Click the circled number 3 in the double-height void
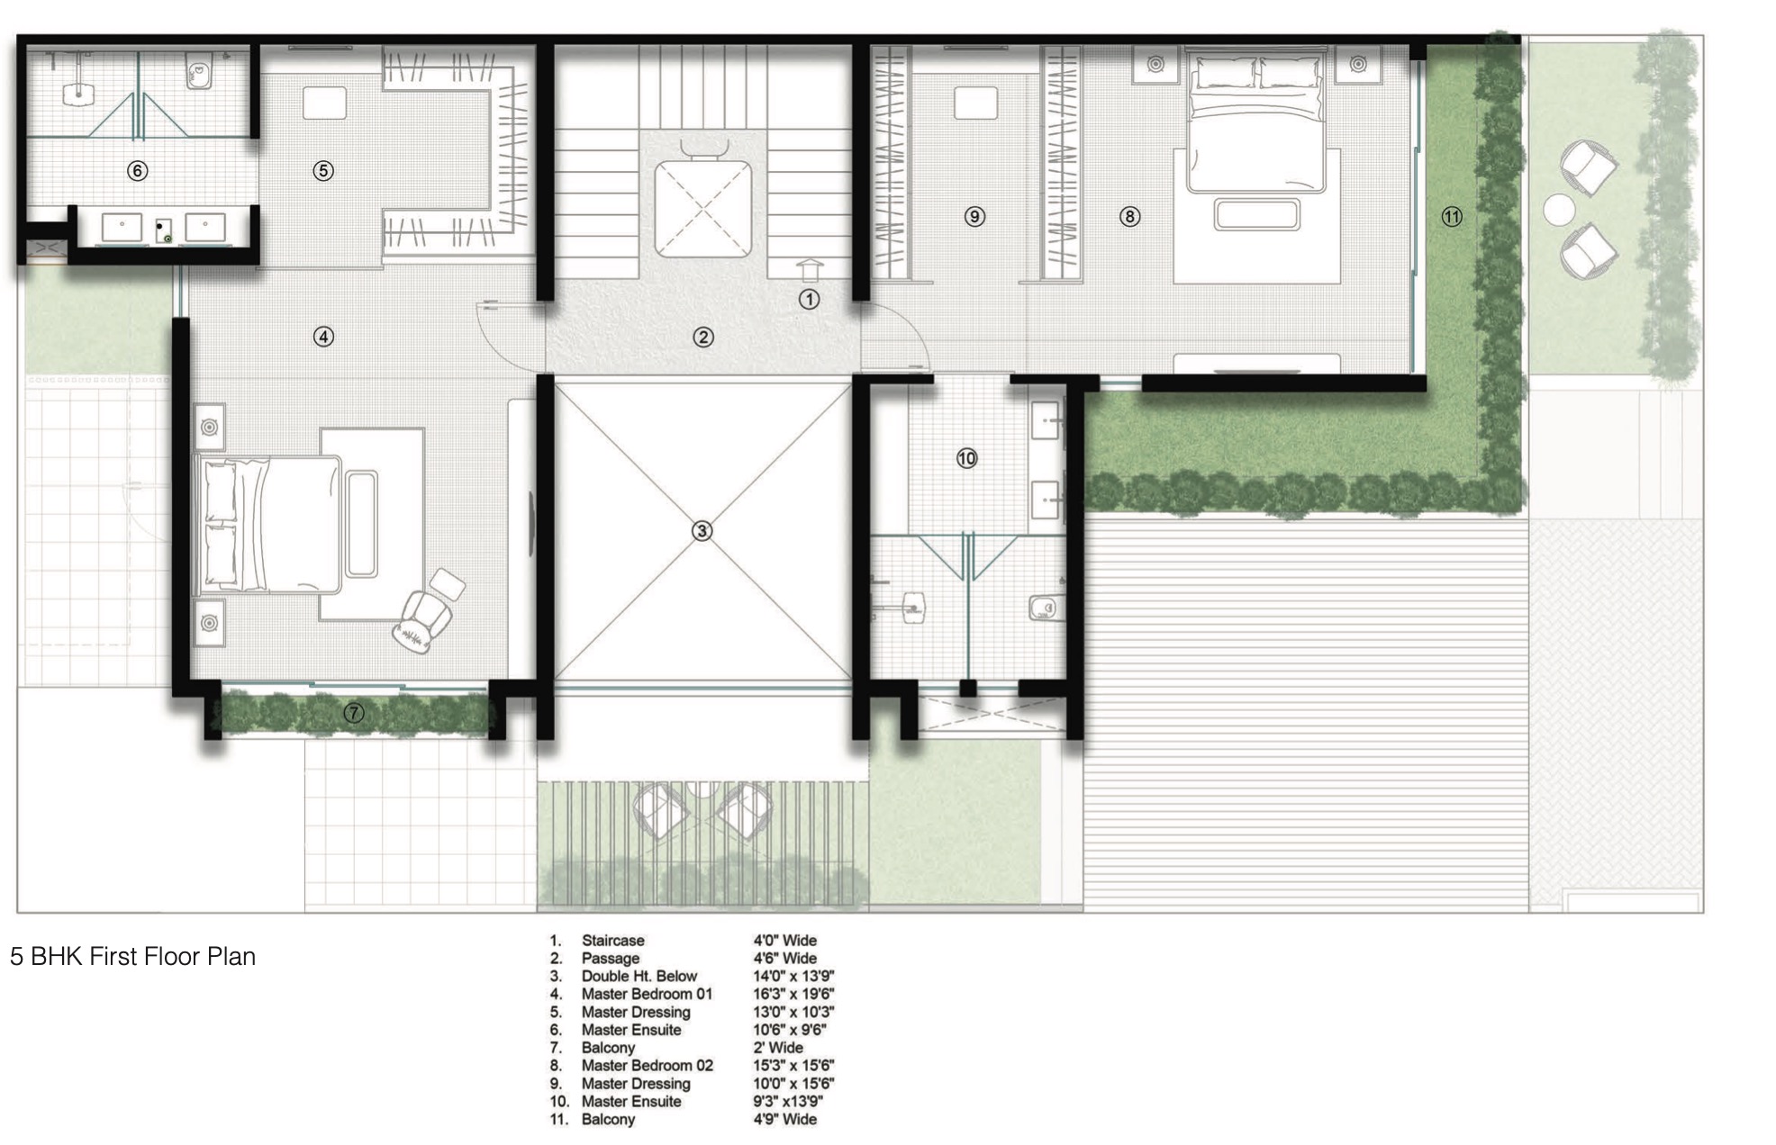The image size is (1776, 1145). pyautogui.click(x=702, y=531)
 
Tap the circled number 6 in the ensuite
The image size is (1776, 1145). pyautogui.click(x=137, y=171)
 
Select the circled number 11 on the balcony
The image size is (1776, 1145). pyautogui.click(x=1452, y=217)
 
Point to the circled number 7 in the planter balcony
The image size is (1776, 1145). pyautogui.click(x=354, y=713)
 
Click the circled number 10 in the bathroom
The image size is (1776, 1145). pyautogui.click(x=966, y=459)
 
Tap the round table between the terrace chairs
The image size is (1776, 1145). pyautogui.click(x=1559, y=210)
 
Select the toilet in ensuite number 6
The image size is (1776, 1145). pyautogui.click(x=198, y=70)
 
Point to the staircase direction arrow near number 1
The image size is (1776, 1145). pyautogui.click(x=809, y=270)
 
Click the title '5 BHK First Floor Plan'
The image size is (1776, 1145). pyautogui.click(x=132, y=956)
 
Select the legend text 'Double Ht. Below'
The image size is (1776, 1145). pyautogui.click(x=639, y=976)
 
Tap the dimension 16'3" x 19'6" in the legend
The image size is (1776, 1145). pyautogui.click(x=793, y=994)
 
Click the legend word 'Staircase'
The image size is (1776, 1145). pyautogui.click(x=612, y=941)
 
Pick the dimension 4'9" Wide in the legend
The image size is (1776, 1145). pyautogui.click(x=784, y=1119)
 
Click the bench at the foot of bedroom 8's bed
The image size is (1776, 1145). pyautogui.click(x=1256, y=214)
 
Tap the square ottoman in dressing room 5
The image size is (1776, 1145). pyautogui.click(x=324, y=103)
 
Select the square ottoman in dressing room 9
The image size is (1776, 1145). pyautogui.click(x=975, y=103)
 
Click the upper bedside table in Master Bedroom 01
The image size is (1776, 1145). pyautogui.click(x=209, y=428)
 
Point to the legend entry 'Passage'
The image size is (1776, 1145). pyautogui.click(x=611, y=959)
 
